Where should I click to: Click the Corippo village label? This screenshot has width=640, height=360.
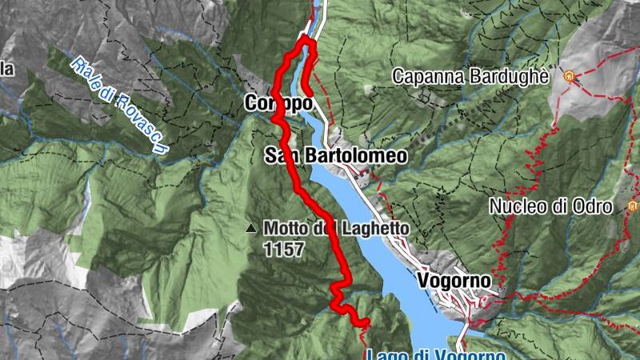click(x=278, y=104)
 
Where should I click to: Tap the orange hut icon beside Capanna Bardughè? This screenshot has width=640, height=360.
click(x=570, y=76)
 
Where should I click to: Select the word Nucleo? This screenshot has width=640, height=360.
click(x=518, y=207)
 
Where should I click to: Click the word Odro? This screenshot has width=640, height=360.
click(x=594, y=207)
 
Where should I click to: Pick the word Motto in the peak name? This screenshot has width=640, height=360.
click(x=286, y=229)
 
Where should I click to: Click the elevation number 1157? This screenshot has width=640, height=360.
click(x=283, y=250)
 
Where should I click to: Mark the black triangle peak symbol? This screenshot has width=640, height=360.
click(x=251, y=229)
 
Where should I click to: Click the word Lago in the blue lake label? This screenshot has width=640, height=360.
click(x=384, y=354)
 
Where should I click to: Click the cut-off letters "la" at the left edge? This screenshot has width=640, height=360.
click(x=6, y=70)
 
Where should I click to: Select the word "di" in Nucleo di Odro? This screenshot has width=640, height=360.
click(x=560, y=207)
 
